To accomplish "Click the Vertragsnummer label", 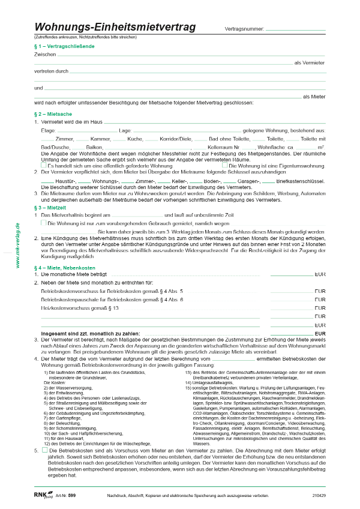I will [x=244, y=29].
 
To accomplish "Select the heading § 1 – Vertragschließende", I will [x=65, y=46].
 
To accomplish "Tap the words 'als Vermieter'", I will [x=310, y=63].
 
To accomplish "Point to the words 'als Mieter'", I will [x=314, y=96].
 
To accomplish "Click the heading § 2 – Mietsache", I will [x=53, y=113].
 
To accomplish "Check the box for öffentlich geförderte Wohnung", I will [x=44, y=164].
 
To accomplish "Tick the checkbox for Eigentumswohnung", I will [x=225, y=164].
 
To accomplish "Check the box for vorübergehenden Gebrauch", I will [x=44, y=222].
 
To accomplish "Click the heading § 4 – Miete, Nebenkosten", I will [x=68, y=267].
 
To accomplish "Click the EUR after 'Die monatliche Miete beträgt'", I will [x=319, y=274].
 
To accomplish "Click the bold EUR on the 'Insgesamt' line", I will [x=319, y=333].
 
